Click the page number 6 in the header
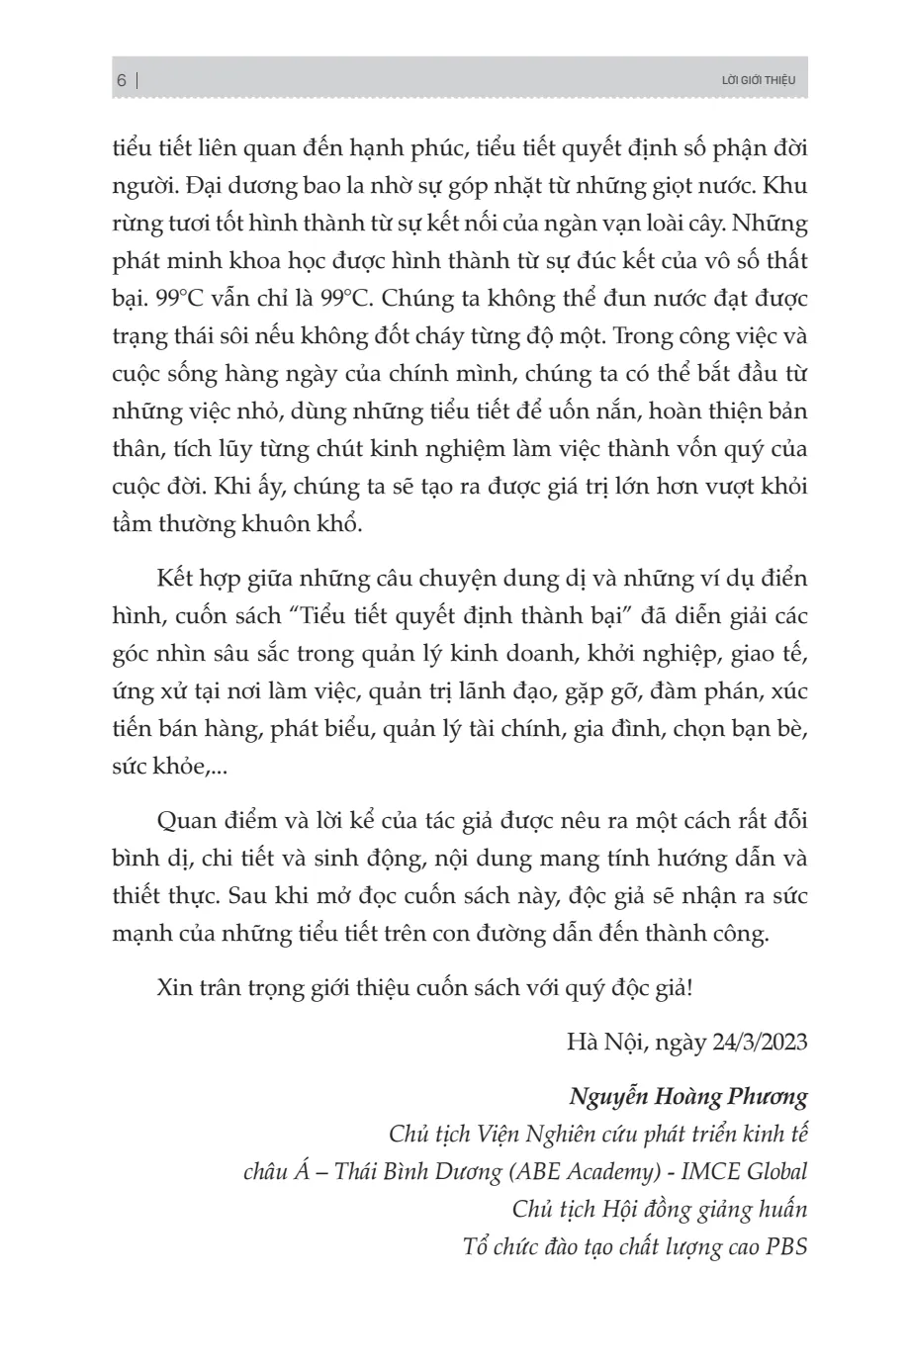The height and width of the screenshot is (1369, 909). point(122,80)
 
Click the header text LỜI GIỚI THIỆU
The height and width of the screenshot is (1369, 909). point(759,80)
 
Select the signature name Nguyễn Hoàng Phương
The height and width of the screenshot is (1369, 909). point(688,1096)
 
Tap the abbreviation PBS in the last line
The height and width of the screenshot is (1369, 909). point(786,1246)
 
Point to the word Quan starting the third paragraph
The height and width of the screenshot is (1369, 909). point(185,821)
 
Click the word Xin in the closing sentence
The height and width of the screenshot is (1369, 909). point(173,987)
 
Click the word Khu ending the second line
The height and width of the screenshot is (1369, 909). point(786,185)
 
